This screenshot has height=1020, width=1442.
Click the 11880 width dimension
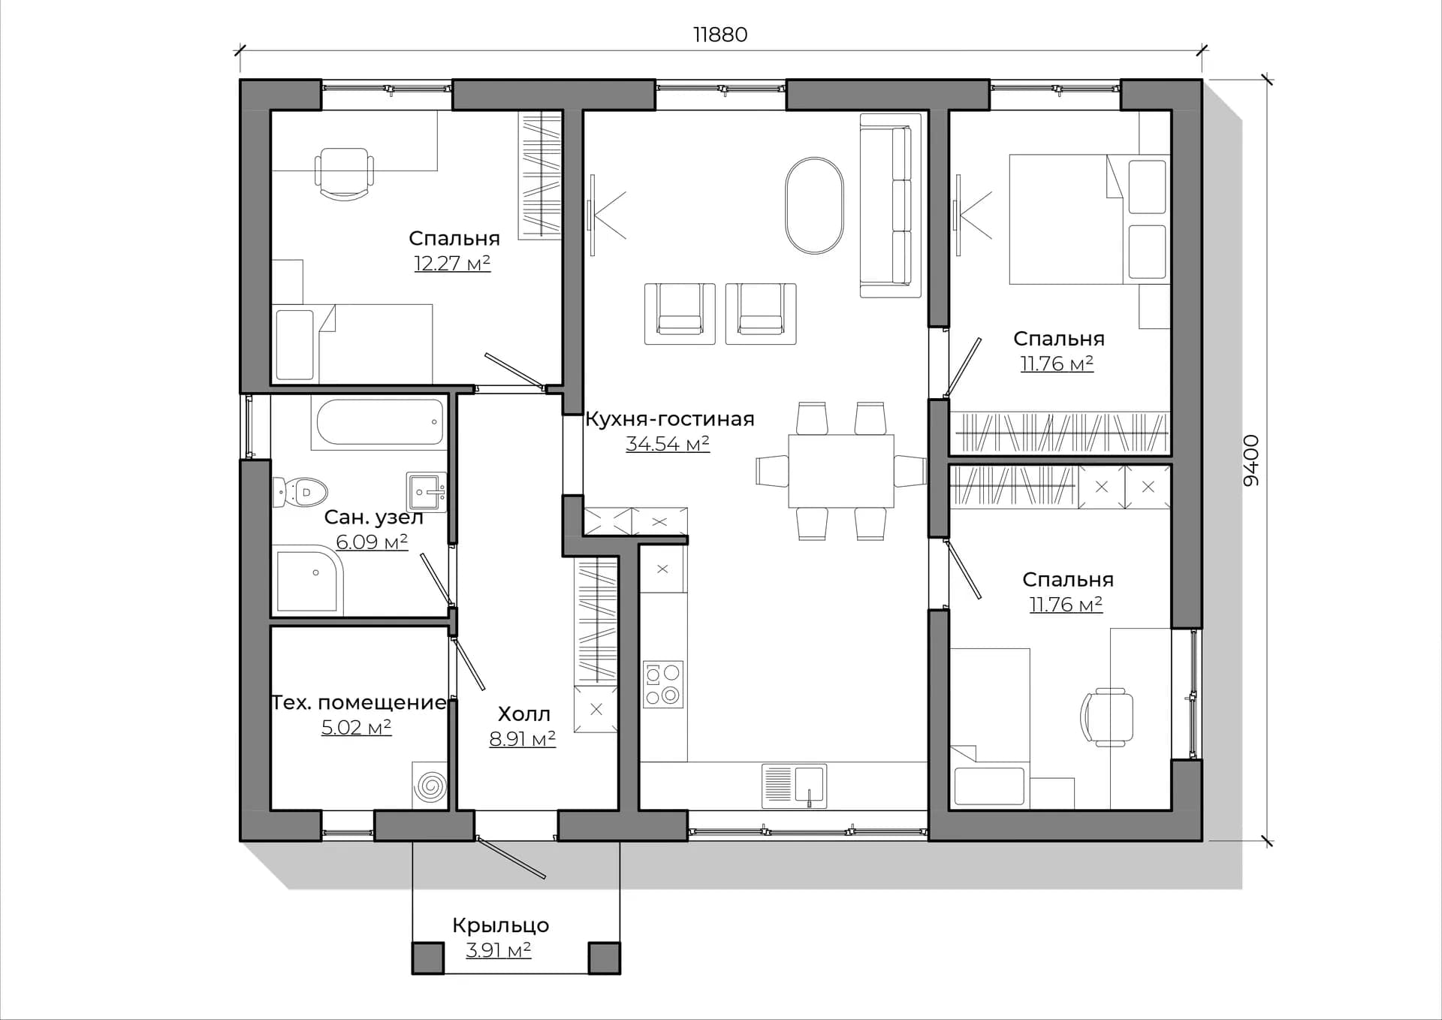coord(720,35)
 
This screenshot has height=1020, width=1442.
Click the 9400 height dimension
coord(1250,460)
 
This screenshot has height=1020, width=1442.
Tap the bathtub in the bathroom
coord(380,422)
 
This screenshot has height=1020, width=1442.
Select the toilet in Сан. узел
coord(300,492)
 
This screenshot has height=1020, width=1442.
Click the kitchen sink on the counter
coord(794,786)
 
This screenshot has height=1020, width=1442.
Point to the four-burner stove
coord(663,684)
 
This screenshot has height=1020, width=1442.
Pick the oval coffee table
coord(814,205)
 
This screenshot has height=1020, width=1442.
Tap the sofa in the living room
coord(890,205)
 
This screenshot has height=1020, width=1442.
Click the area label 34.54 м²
coord(668,444)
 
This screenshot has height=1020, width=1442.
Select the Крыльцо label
coord(500,925)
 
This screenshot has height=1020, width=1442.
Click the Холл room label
coord(523,714)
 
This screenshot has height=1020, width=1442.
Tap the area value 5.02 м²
coord(356,727)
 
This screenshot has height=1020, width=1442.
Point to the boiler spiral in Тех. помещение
coord(430,786)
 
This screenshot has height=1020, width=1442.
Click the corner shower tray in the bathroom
coord(308,581)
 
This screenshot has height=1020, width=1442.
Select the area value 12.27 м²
coord(452,263)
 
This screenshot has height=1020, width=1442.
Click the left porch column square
coord(427,958)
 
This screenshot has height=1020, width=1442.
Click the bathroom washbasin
coord(426,492)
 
